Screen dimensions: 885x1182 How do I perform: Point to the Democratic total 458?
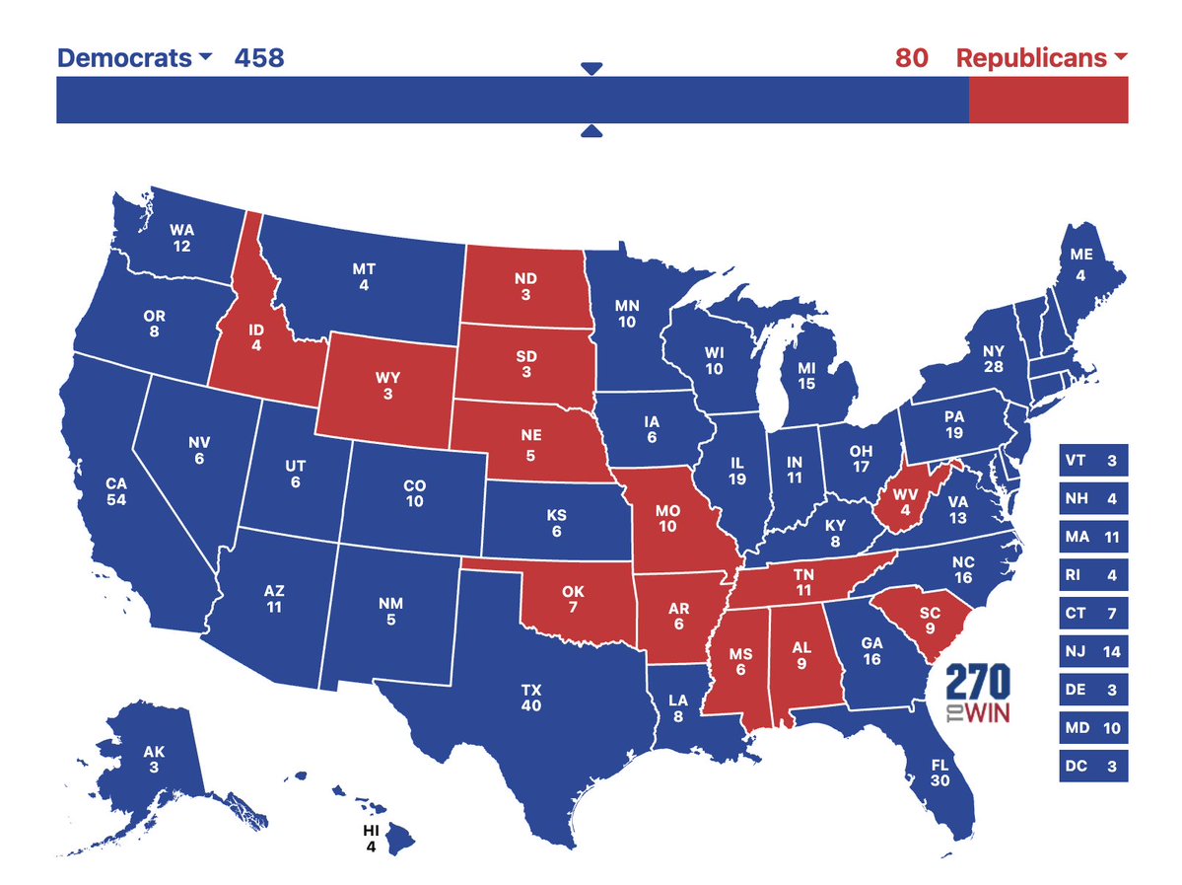[258, 58]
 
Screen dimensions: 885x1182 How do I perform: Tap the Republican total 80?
[911, 58]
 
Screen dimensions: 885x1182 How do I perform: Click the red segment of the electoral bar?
[1048, 100]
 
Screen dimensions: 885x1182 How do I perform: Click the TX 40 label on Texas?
[531, 699]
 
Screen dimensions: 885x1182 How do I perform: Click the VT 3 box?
[1093, 461]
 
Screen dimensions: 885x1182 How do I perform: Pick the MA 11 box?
[1093, 538]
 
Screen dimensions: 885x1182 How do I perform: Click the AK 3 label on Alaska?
[154, 759]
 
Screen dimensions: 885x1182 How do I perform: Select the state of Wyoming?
[386, 385]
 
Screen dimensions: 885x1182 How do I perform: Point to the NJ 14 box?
[1093, 652]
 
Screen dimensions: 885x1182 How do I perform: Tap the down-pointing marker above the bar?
[591, 68]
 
